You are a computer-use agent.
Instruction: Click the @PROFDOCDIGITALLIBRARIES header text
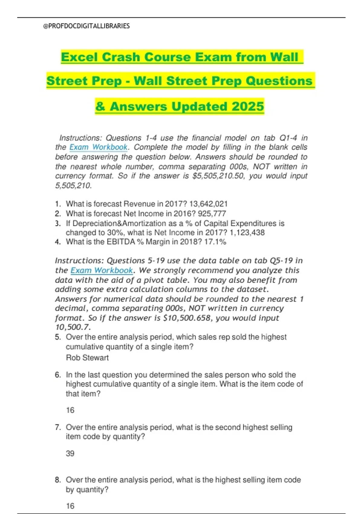(x=87, y=26)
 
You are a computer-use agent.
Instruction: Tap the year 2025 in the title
(x=248, y=106)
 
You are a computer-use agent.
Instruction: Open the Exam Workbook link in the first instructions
(x=99, y=147)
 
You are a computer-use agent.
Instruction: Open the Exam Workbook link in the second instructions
(x=102, y=270)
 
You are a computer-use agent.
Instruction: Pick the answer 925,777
(x=212, y=214)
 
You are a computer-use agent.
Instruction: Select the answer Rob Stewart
(x=87, y=358)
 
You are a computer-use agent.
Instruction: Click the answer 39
(x=70, y=454)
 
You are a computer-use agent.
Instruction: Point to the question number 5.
(x=58, y=337)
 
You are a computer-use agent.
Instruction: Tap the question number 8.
(x=58, y=480)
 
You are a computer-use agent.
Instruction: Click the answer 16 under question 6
(x=70, y=410)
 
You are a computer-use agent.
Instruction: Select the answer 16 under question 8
(x=70, y=506)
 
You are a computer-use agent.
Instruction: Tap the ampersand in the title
(x=100, y=107)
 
